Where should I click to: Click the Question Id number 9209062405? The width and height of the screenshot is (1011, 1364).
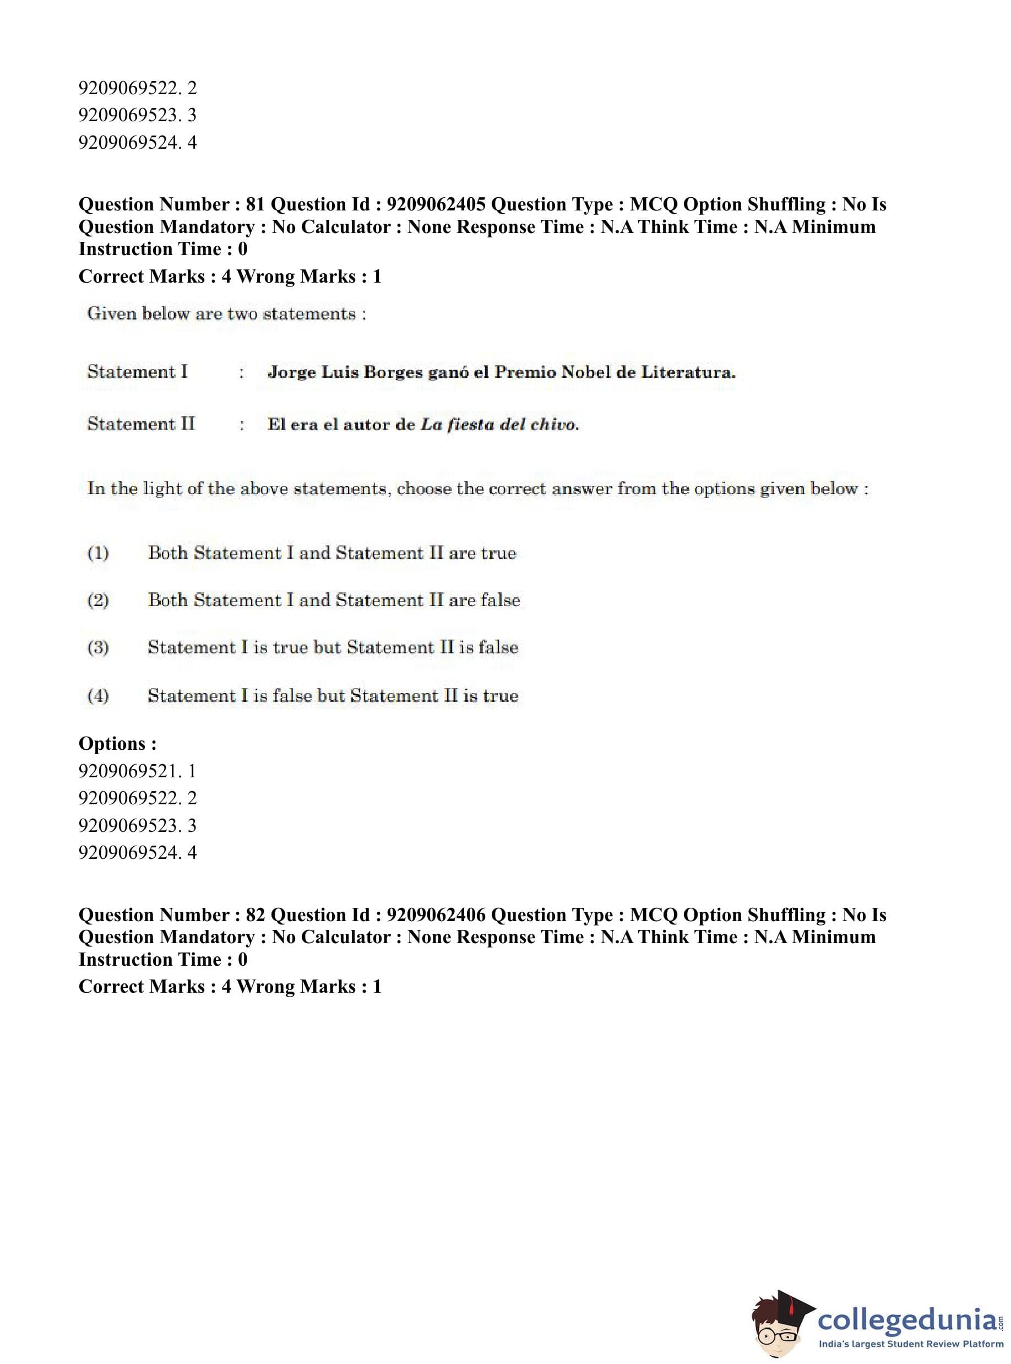point(436,204)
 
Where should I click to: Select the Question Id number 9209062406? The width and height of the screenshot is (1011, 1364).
point(436,914)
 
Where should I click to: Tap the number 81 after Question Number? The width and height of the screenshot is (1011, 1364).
point(254,204)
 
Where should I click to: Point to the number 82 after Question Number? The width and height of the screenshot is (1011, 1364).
point(254,914)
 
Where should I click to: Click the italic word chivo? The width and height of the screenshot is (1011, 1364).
point(555,424)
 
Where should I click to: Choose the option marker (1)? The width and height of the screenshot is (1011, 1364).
point(98,554)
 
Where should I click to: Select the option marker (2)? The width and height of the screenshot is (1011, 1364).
point(98,600)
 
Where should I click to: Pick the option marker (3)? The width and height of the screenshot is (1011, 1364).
point(98,648)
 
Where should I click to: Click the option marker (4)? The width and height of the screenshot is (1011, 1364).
point(98,696)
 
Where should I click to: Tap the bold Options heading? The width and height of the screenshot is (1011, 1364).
point(117,744)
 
